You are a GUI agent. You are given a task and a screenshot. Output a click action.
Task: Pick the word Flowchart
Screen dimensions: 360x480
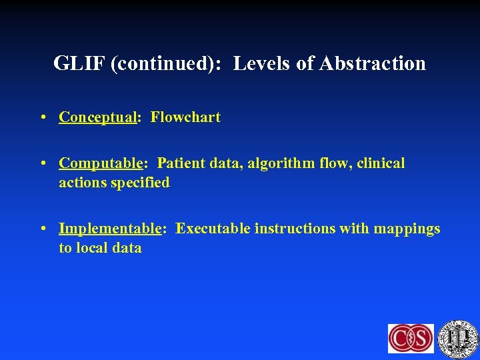(x=185, y=117)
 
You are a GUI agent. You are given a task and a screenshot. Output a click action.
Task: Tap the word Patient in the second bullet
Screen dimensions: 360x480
(x=181, y=163)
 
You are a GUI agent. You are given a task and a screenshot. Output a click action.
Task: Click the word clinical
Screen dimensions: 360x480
(x=381, y=163)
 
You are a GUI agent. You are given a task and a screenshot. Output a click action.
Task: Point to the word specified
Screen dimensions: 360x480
(x=139, y=183)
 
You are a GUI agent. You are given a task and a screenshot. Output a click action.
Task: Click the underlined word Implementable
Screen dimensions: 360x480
(x=110, y=229)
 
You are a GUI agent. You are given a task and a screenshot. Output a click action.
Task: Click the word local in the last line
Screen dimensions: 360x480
(x=95, y=248)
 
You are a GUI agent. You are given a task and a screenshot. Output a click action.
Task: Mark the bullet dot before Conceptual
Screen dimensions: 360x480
(x=42, y=118)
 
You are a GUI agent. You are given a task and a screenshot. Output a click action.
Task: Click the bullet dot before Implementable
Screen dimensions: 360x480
(x=42, y=229)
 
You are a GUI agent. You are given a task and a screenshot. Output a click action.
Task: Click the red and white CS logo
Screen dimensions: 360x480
(x=411, y=338)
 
